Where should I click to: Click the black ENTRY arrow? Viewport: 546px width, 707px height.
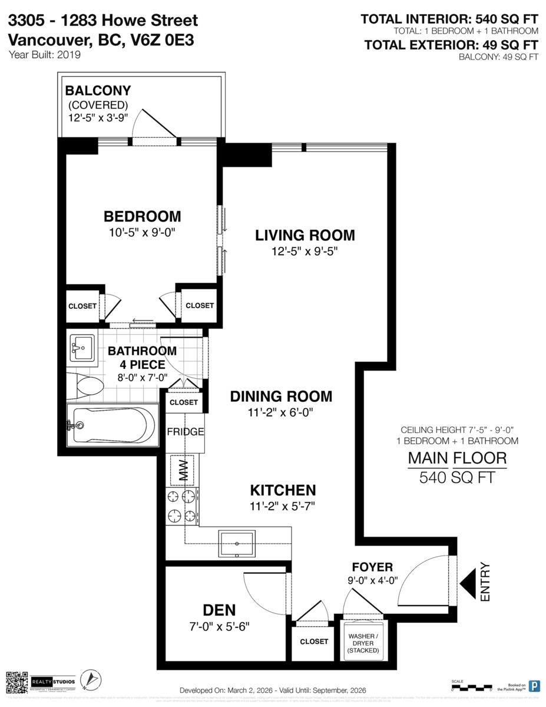pos(469,583)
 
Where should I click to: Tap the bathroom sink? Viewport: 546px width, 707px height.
pos(82,348)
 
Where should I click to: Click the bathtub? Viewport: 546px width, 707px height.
pos(112,425)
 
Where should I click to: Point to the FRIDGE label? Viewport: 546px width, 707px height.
pos(185,432)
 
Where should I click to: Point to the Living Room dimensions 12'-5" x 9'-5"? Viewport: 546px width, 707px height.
pos(305,252)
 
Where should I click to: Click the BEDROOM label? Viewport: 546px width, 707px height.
pos(143,216)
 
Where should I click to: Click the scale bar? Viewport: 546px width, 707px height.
pos(471,686)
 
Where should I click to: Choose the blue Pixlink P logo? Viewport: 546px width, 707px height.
pos(534,685)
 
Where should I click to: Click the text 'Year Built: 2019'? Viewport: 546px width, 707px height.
pos(45,55)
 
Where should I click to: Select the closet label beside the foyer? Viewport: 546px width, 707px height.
pos(313,641)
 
